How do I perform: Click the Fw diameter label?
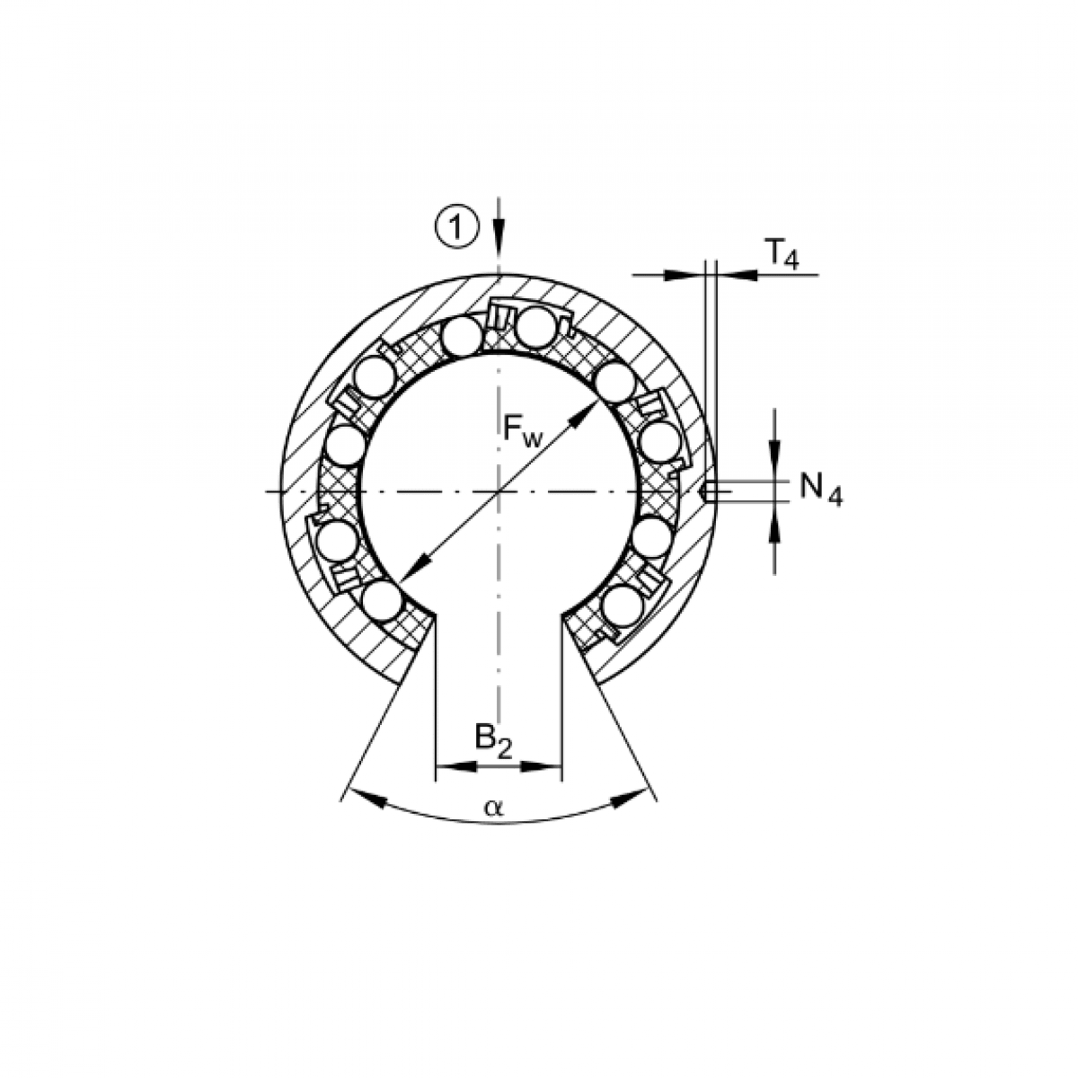[x=523, y=432]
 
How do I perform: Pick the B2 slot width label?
[x=493, y=742]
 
